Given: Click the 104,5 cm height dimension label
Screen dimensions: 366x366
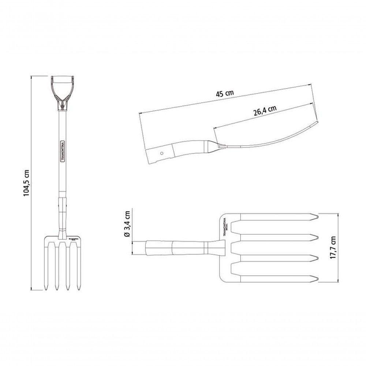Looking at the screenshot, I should (x=26, y=183).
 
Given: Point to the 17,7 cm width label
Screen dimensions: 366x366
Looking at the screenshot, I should (x=332, y=248).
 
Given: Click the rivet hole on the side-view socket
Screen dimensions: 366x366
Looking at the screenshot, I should (x=161, y=153).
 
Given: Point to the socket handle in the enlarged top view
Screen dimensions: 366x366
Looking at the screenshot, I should (x=172, y=248).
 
